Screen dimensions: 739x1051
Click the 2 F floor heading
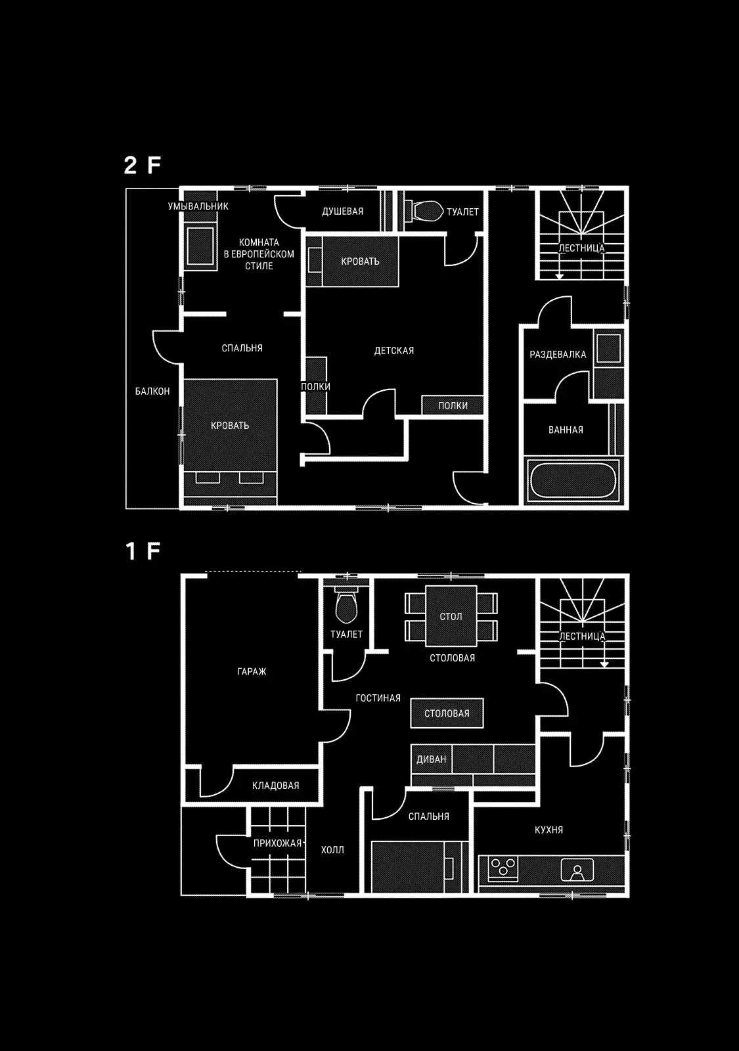point(142,165)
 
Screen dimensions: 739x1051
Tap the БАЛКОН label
point(152,391)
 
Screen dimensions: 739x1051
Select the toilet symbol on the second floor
point(424,211)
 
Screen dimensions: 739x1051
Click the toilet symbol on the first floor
point(346,606)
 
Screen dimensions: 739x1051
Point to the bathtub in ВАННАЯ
point(573,480)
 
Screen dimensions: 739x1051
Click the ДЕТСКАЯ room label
point(394,351)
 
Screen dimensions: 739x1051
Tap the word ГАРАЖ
point(252,672)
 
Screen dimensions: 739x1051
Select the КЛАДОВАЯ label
point(275,786)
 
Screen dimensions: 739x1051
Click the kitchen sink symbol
point(577,870)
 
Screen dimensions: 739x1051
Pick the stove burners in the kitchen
point(503,867)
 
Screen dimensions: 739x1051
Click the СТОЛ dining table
point(451,616)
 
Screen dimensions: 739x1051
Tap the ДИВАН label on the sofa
point(431,759)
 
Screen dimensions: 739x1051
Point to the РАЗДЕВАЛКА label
point(558,355)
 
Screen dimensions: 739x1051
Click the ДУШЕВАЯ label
point(342,212)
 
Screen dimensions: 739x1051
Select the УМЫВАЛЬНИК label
point(198,206)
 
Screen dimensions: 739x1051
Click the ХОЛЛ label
point(332,850)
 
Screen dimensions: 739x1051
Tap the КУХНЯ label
point(549,830)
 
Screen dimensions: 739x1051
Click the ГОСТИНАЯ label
point(378,698)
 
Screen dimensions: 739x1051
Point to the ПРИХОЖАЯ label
point(277,843)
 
